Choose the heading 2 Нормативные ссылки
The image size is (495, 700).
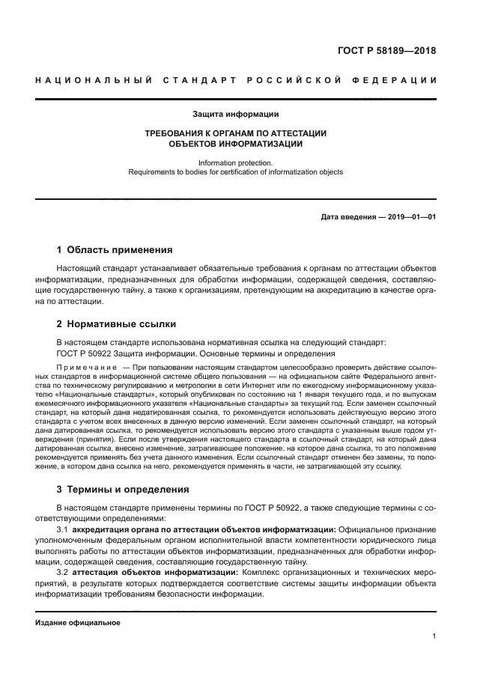pos(116,324)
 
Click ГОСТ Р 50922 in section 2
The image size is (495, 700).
pos(84,353)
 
